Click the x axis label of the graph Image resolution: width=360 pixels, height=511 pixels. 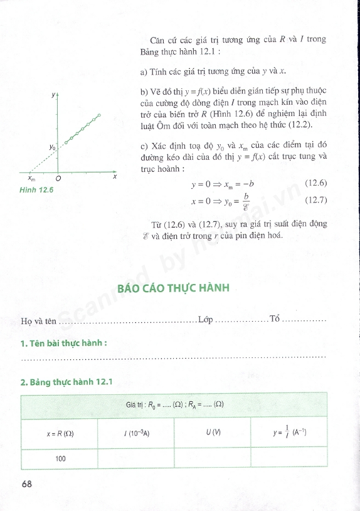pyautogui.click(x=115, y=177)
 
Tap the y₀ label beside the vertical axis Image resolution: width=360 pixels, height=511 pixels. pyautogui.click(x=53, y=147)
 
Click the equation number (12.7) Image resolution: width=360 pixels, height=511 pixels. pyautogui.click(x=315, y=200)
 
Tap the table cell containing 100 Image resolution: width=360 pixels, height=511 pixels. pyautogui.click(x=60, y=458)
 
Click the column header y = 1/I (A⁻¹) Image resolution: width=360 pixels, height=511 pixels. pyautogui.click(x=289, y=433)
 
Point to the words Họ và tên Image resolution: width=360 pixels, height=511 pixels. pyautogui.click(x=39, y=322)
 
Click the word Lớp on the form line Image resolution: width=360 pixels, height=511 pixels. pyautogui.click(x=205, y=320)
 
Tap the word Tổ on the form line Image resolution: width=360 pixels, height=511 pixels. pyautogui.click(x=274, y=320)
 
